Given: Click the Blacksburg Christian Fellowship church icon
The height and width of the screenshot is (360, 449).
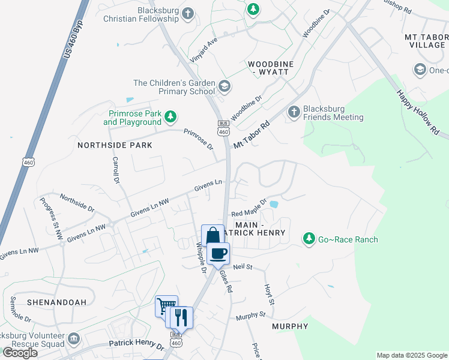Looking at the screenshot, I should (188, 14).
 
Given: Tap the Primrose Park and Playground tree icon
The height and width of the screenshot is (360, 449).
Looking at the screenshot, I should (171, 116).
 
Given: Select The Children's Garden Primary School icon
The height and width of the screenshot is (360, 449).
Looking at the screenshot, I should (224, 87).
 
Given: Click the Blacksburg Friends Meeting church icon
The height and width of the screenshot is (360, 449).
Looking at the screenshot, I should (294, 111).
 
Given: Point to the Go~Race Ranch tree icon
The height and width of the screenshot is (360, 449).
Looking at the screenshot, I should (309, 239).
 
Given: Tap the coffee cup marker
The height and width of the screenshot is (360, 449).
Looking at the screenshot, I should (218, 253).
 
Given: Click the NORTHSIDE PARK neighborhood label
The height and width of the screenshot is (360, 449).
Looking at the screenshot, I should (115, 145).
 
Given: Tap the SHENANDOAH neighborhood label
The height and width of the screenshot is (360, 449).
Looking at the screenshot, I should (56, 302).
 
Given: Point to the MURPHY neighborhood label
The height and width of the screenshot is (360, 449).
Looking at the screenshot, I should (290, 326).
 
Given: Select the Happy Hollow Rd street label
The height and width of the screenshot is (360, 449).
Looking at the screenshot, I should (418, 112).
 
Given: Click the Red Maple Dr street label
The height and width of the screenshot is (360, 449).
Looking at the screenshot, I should (249, 208).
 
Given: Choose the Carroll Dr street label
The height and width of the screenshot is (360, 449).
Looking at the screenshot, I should (115, 170).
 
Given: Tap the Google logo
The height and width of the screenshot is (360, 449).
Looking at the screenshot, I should (20, 353).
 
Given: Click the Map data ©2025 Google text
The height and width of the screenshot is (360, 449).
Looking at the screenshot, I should (411, 355).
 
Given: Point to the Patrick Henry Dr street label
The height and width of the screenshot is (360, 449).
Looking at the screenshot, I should (136, 346).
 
